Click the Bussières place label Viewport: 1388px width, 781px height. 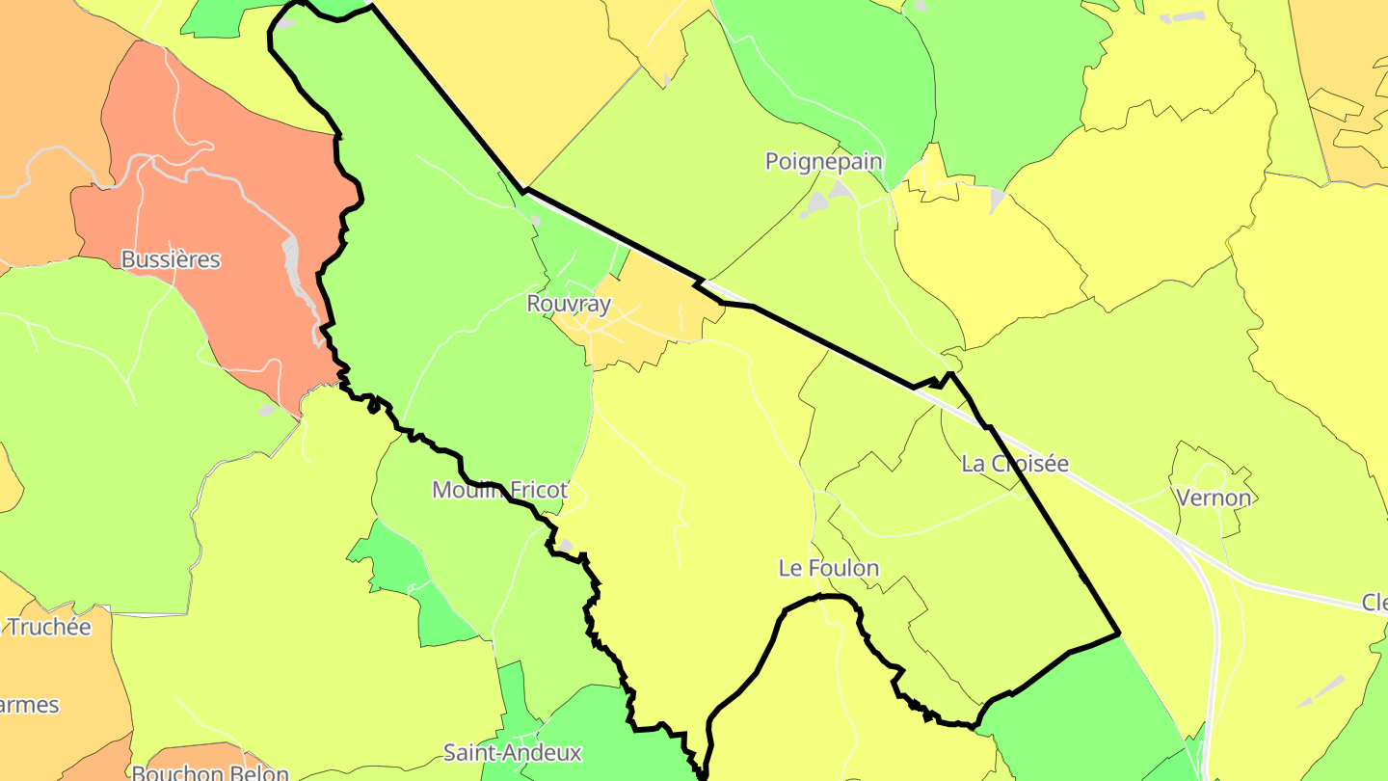(x=171, y=259)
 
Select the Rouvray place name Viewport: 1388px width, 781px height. (x=569, y=304)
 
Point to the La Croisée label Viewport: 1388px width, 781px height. (x=1015, y=464)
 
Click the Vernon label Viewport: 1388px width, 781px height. (x=1214, y=498)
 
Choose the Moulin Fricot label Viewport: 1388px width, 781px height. (x=499, y=490)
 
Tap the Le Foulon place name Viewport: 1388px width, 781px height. (x=828, y=568)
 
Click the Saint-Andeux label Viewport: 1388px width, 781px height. (x=513, y=751)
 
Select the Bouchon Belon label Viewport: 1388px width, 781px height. (x=210, y=772)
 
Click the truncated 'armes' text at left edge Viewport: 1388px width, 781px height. (x=30, y=705)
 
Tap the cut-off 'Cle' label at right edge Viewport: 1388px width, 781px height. (x=1375, y=603)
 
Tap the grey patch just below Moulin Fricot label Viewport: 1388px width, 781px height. (x=566, y=546)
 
